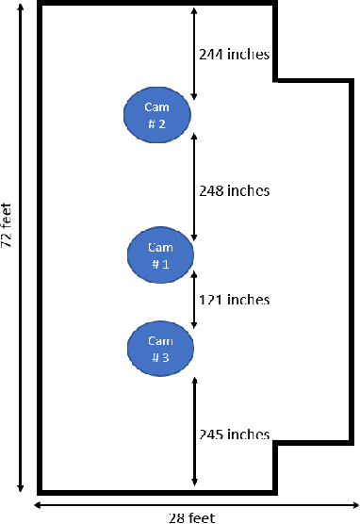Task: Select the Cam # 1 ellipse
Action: pyautogui.click(x=161, y=254)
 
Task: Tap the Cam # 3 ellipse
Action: pyautogui.click(x=161, y=348)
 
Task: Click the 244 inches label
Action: pyautogui.click(x=235, y=54)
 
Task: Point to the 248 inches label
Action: pyautogui.click(x=235, y=190)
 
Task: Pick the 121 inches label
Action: pyautogui.click(x=235, y=300)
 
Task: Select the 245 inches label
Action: pyautogui.click(x=235, y=434)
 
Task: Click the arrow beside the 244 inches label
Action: pyautogui.click(x=194, y=54)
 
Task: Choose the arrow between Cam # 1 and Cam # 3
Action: pyautogui.click(x=194, y=300)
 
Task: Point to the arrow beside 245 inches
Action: pyautogui.click(x=194, y=433)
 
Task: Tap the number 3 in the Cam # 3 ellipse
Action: pyautogui.click(x=166, y=357)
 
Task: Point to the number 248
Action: pyautogui.click(x=211, y=190)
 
